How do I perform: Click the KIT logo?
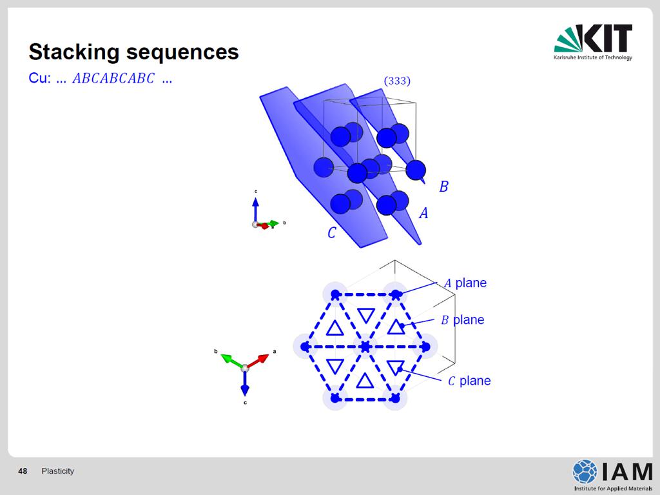pyautogui.click(x=593, y=42)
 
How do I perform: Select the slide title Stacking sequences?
pyautogui.click(x=133, y=52)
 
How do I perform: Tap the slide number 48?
pyautogui.click(x=23, y=471)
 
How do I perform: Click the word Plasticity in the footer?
pyautogui.click(x=57, y=471)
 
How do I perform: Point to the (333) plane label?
pyautogui.click(x=397, y=81)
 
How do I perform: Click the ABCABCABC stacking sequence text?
pyautogui.click(x=113, y=79)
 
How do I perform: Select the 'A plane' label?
pyautogui.click(x=465, y=283)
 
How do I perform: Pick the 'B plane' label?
pyautogui.click(x=463, y=320)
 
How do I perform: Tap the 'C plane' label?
pyautogui.click(x=469, y=381)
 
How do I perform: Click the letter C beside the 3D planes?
pyautogui.click(x=332, y=233)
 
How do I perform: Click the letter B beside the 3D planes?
pyautogui.click(x=443, y=187)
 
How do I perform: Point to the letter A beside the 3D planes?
pyautogui.click(x=423, y=213)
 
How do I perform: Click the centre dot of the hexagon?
pyautogui.click(x=365, y=347)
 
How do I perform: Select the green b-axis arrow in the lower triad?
pyautogui.click(x=231, y=361)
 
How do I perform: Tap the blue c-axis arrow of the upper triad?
pyautogui.click(x=255, y=210)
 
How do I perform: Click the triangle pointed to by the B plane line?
pyautogui.click(x=396, y=328)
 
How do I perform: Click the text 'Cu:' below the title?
pyautogui.click(x=39, y=79)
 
